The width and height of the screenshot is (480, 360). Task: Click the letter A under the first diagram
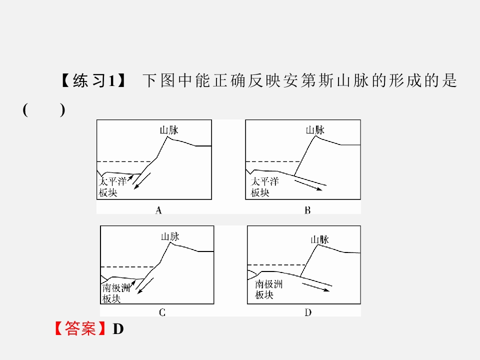[158, 210]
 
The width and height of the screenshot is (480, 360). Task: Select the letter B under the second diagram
[307, 210]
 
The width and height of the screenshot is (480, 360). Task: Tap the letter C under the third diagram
[162, 312]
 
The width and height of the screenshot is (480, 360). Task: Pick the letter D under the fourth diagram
[308, 312]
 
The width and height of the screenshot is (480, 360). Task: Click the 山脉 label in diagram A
[169, 130]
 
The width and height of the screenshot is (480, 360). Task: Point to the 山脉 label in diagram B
[315, 130]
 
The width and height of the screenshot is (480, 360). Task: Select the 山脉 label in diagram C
[170, 236]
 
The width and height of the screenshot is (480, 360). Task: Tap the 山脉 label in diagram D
[319, 239]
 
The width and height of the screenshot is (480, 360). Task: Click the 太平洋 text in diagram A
[112, 181]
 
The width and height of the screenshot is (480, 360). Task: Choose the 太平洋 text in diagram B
[265, 181]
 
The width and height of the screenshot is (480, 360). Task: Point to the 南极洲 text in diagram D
[269, 284]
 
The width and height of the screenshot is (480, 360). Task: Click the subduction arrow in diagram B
[308, 185]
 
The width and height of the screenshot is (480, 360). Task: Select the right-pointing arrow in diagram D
[315, 287]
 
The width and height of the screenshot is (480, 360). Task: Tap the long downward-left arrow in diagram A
[142, 181]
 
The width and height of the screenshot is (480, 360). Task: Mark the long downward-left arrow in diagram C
[145, 285]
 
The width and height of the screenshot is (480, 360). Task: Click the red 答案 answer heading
[80, 328]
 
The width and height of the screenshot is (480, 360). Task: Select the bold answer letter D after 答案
[118, 329]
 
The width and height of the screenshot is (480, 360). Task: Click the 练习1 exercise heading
[93, 81]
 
